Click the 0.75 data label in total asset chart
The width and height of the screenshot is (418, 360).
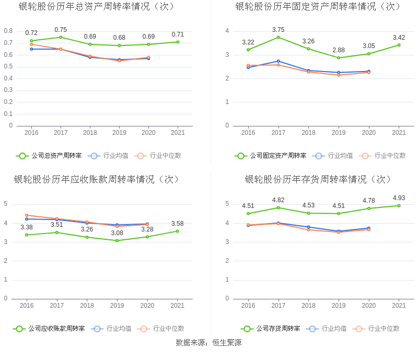click(61, 30)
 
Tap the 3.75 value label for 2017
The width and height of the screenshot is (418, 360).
click(278, 30)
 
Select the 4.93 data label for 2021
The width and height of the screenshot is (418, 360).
click(399, 198)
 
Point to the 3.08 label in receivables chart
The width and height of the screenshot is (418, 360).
click(117, 233)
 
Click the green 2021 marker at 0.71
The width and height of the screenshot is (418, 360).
click(178, 42)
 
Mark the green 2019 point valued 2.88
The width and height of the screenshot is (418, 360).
click(339, 57)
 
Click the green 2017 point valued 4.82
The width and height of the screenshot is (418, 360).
click(278, 207)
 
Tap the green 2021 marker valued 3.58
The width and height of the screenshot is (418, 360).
click(178, 231)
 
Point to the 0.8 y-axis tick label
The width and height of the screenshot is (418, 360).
click(8, 31)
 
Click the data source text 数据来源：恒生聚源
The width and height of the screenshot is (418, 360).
click(209, 343)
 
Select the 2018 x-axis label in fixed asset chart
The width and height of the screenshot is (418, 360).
click(308, 133)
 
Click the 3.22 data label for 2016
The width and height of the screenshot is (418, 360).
click(248, 42)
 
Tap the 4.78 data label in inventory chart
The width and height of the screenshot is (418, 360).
click(369, 201)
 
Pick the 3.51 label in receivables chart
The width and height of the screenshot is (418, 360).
click(56, 225)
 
